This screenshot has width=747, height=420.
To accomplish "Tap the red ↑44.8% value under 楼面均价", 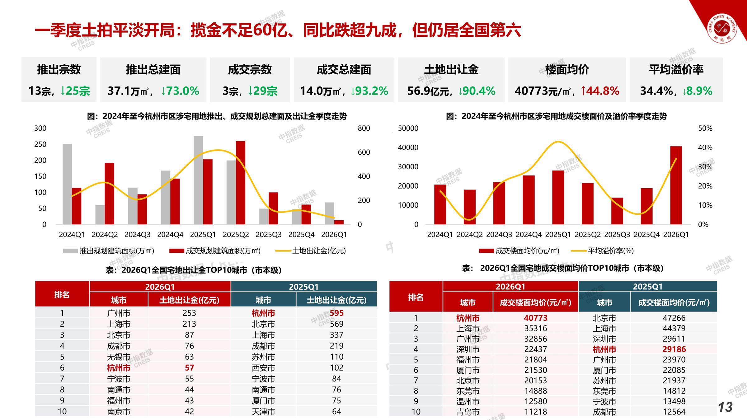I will [x=600, y=91].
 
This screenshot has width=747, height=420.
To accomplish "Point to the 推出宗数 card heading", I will [x=59, y=69].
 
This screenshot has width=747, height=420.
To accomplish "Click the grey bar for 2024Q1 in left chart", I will [x=67, y=184].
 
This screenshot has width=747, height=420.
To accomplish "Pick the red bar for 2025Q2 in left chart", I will [x=241, y=183].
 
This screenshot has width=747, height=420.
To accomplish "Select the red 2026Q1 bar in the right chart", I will [x=676, y=185].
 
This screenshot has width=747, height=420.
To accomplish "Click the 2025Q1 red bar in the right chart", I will [x=558, y=197].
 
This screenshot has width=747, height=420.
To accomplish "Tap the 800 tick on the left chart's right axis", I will [x=364, y=128].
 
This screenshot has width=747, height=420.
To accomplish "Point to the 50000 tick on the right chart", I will [x=408, y=128].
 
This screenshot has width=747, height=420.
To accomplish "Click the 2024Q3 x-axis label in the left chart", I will [x=137, y=235].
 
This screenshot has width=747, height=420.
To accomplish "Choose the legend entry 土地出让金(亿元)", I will [x=319, y=251].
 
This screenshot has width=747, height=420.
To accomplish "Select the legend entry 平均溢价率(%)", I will [x=610, y=251].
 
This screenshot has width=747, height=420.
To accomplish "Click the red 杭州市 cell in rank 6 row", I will [x=119, y=368].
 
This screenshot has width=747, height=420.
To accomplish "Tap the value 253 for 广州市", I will [x=189, y=313].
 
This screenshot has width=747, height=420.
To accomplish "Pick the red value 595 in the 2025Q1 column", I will [x=336, y=313].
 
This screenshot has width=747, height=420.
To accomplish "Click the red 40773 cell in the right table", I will [x=535, y=318].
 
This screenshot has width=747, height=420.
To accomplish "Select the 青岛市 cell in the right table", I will [x=468, y=412].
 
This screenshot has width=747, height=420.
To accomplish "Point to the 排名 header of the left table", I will [x=62, y=295].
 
